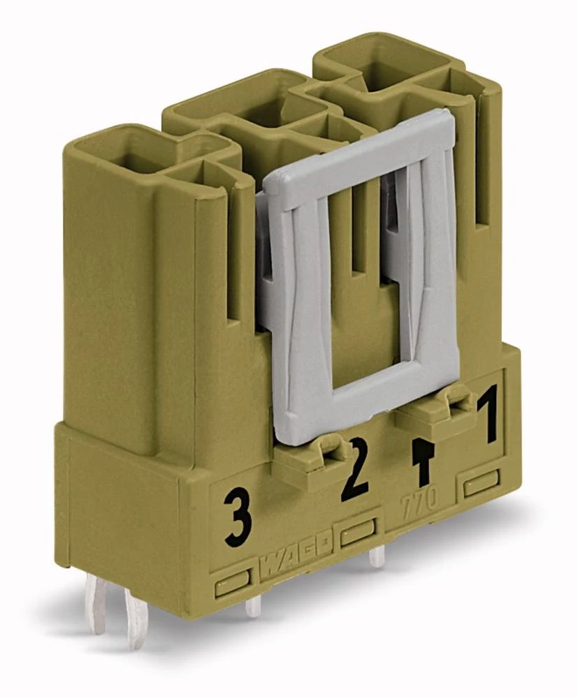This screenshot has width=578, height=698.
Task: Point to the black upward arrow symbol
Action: pos(421,461)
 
